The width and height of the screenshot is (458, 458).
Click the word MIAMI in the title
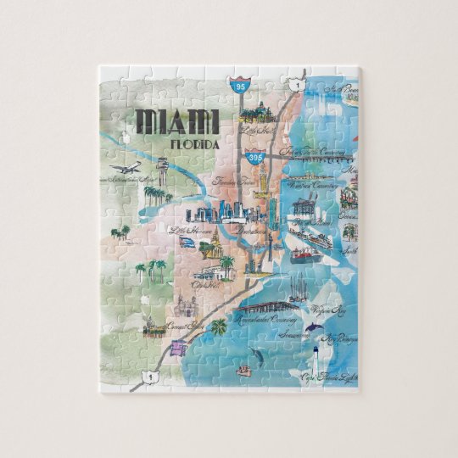(x=176, y=121)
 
